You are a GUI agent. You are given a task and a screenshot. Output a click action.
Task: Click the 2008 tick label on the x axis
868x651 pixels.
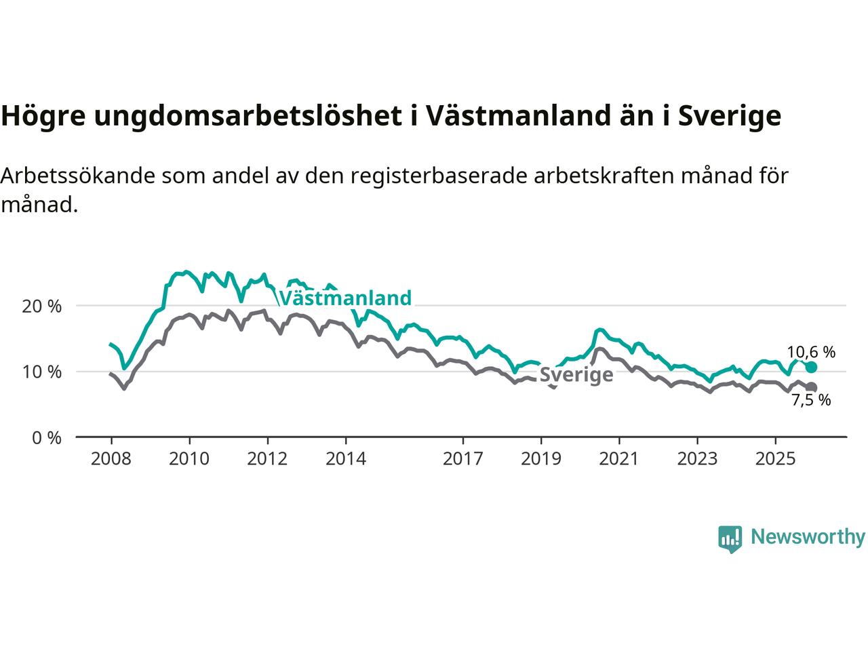click(111, 459)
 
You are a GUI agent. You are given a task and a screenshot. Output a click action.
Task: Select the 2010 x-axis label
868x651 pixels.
click(189, 459)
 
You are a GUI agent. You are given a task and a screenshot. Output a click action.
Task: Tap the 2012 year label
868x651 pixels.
click(267, 459)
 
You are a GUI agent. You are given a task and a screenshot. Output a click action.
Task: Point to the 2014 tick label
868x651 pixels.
click(346, 459)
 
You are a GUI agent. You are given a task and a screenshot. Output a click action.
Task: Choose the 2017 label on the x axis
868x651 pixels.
click(463, 459)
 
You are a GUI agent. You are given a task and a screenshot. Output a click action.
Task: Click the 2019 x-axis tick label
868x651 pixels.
click(541, 459)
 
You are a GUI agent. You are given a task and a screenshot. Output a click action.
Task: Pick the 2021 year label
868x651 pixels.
click(619, 459)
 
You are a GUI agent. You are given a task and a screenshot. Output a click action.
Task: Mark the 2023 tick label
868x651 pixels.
click(698, 459)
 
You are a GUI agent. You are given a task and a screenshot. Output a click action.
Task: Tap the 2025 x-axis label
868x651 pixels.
click(776, 459)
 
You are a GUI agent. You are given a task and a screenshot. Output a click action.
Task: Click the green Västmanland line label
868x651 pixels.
click(345, 298)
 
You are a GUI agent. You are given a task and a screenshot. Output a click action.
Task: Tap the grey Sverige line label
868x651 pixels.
click(576, 375)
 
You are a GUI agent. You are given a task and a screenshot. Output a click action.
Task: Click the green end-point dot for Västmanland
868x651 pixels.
click(811, 367)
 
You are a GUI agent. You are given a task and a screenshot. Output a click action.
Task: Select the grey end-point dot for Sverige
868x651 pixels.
click(811, 387)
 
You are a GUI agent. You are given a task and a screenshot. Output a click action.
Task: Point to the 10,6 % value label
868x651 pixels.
click(811, 352)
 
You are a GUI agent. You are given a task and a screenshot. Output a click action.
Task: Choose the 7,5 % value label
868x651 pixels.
click(811, 401)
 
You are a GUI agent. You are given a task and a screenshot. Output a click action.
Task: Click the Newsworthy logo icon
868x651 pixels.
click(730, 538)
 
